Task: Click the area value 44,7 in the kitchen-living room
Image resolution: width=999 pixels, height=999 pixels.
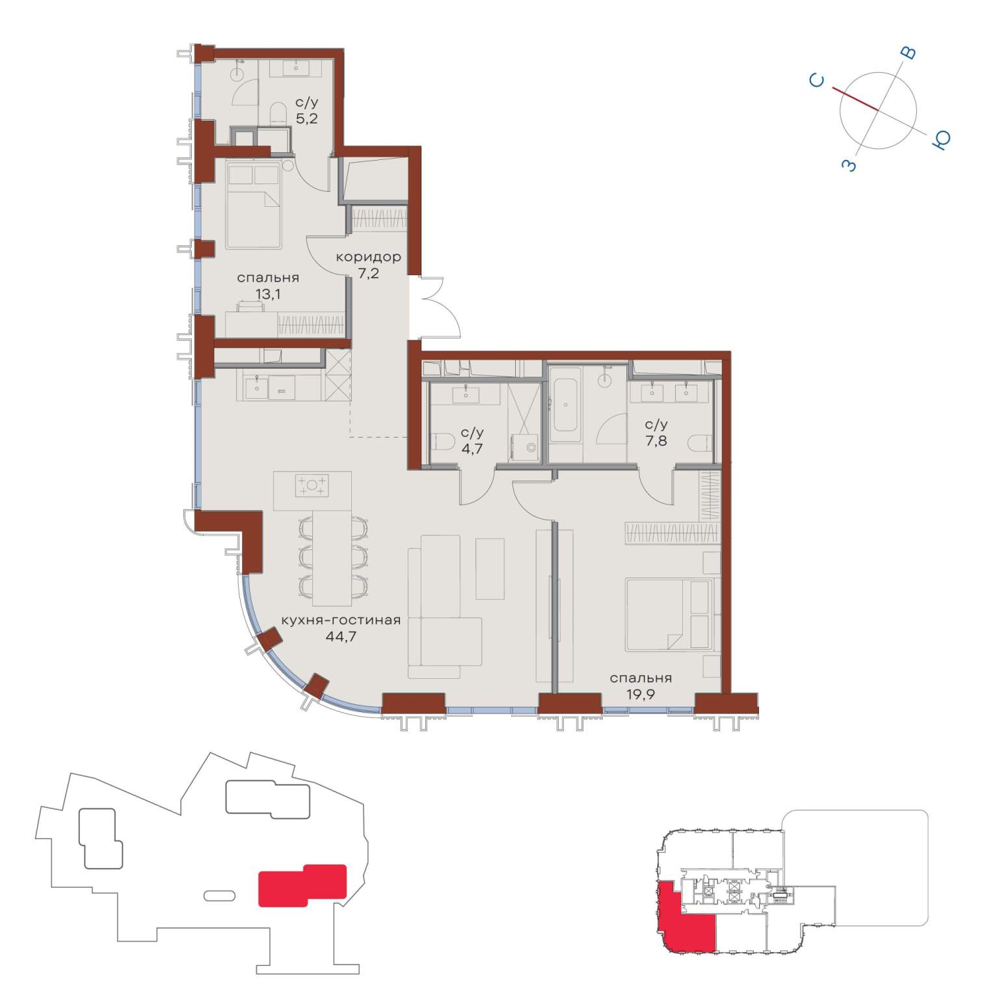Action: click(x=341, y=636)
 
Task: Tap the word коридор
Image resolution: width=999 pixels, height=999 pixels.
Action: click(x=368, y=257)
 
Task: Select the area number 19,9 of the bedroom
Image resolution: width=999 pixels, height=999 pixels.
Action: click(x=640, y=694)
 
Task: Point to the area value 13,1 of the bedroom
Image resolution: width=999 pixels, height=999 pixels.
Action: click(x=267, y=294)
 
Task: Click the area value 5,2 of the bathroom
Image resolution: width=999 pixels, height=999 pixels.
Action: click(x=306, y=118)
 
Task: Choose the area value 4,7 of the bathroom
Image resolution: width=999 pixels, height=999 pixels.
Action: click(x=472, y=447)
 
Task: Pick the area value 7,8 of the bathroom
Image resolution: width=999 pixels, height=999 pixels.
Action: click(x=656, y=441)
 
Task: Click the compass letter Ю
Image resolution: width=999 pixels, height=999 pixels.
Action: click(x=940, y=139)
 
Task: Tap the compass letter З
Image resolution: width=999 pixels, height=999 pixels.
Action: click(x=849, y=165)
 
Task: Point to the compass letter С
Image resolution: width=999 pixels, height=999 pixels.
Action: click(x=817, y=81)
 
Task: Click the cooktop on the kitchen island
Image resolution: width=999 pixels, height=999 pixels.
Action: click(x=312, y=486)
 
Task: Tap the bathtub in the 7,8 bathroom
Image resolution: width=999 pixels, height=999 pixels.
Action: click(x=565, y=404)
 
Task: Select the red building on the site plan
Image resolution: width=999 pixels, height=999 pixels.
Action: click(x=302, y=885)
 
